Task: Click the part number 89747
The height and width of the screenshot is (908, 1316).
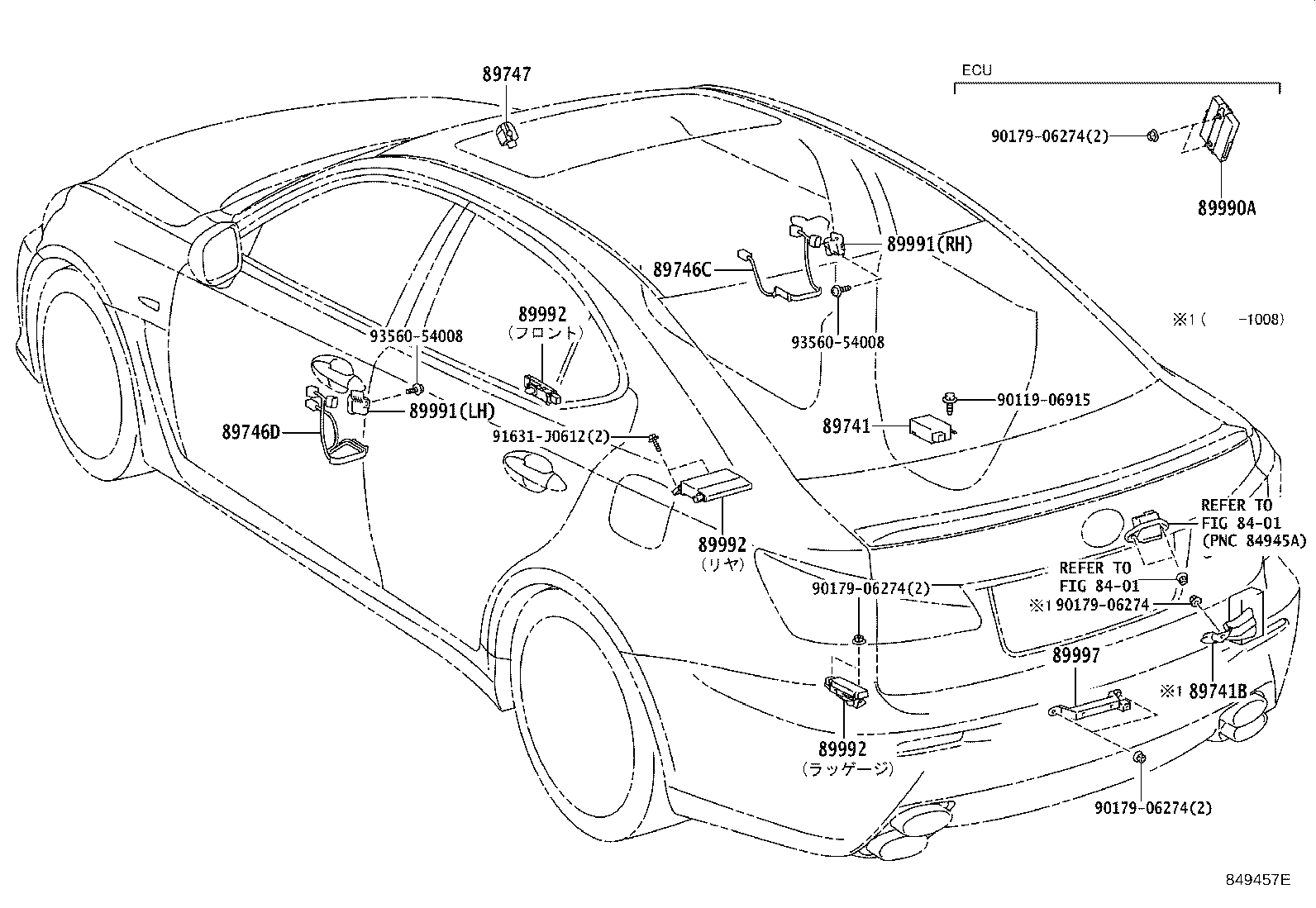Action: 507,74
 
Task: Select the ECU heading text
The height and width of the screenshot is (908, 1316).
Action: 976,70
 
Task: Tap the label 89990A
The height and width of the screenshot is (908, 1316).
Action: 1227,208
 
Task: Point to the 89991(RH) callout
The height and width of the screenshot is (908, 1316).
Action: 929,245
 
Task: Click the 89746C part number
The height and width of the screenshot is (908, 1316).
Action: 682,270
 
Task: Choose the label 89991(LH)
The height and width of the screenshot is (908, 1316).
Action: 452,411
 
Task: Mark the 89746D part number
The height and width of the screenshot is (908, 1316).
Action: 250,432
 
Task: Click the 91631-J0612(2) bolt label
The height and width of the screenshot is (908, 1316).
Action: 551,437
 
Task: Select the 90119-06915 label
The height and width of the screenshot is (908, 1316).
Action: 1043,400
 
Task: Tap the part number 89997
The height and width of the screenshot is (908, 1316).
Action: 1075,655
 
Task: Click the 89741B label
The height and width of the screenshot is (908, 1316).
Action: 1218,692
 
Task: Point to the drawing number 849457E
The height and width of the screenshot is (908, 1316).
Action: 1258,880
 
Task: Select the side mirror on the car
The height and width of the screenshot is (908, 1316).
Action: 216,254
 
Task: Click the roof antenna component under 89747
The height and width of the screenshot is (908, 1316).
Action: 507,135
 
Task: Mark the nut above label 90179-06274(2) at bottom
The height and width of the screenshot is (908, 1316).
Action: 1139,757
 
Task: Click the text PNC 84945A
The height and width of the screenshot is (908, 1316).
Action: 1254,540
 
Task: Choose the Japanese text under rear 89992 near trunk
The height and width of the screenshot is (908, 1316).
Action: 847,768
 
